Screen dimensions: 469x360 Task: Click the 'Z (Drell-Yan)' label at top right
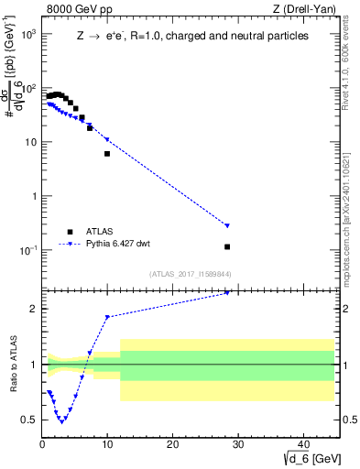[308, 10]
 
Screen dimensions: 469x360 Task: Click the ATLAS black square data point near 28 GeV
[227, 246]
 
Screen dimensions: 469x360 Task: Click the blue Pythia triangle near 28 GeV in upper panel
[227, 225]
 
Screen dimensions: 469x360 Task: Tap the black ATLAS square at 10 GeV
[107, 154]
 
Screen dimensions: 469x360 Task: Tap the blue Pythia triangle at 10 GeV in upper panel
[107, 139]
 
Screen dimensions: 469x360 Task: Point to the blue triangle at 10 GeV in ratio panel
[107, 317]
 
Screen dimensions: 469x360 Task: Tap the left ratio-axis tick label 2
[33, 309]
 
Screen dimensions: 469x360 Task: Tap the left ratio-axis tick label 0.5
[29, 420]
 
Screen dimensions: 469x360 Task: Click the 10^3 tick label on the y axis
[27, 34]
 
